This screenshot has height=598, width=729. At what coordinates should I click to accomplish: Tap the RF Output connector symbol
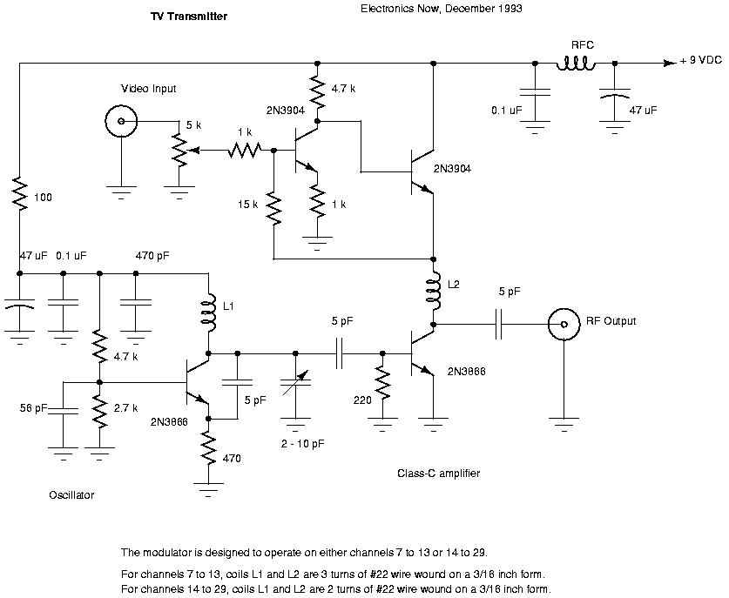tap(564, 326)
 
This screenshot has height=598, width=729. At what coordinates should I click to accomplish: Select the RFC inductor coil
tap(576, 63)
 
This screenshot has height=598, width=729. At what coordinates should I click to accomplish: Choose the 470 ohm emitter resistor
tap(209, 450)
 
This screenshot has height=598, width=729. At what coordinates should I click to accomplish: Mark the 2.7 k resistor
tap(99, 413)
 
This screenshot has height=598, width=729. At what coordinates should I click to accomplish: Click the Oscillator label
tap(71, 495)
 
